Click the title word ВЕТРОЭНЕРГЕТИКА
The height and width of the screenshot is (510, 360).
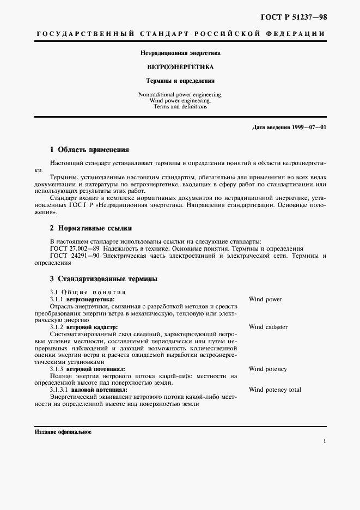coord(180,68)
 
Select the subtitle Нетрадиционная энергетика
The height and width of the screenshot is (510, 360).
coord(180,53)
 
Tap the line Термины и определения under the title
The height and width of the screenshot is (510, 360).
coord(180,81)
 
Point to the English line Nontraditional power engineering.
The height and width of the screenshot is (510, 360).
coord(180,95)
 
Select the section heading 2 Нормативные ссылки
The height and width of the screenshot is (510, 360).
coord(91,228)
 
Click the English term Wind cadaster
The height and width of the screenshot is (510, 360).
coord(268,327)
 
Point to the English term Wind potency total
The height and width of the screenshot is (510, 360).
coord(274,390)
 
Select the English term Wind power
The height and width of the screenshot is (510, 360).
coord(265,299)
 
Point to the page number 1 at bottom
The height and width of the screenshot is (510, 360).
coord(324,441)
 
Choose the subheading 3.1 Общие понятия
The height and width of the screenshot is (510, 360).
coord(88,292)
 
